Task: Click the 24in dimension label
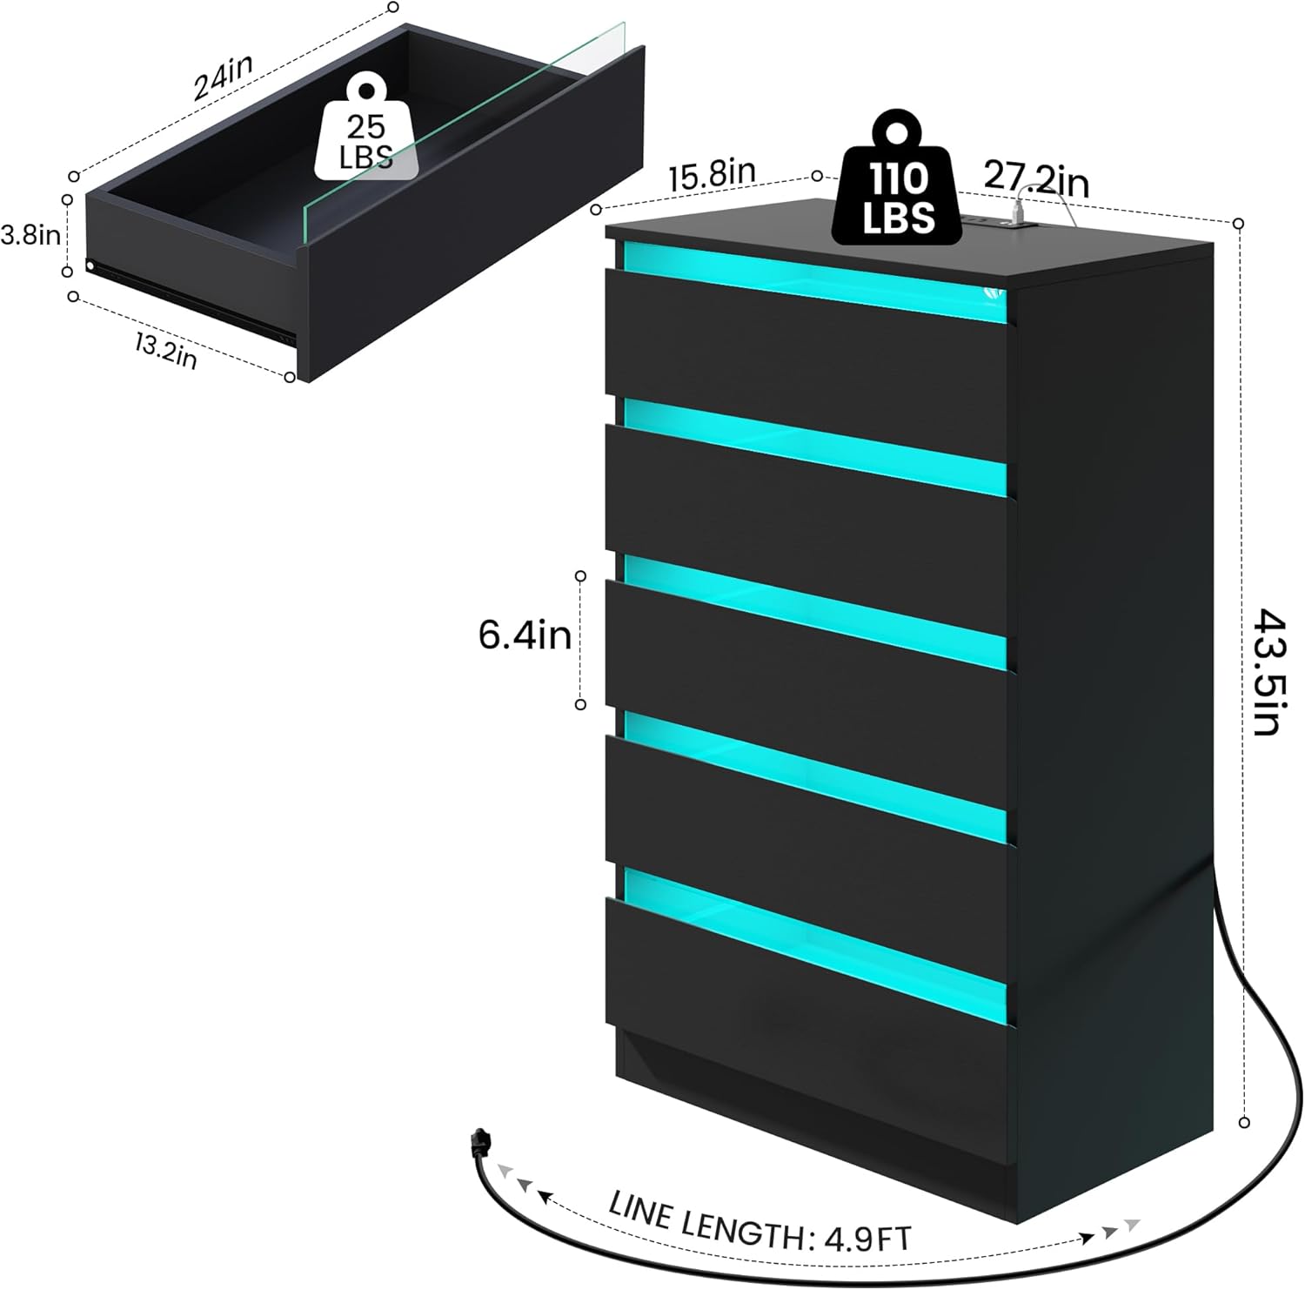pyautogui.click(x=224, y=77)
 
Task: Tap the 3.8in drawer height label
pyautogui.click(x=30, y=235)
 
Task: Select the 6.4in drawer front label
pyautogui.click(x=525, y=635)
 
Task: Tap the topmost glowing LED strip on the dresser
pyautogui.click(x=809, y=279)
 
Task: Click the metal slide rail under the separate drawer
pyautogui.click(x=191, y=300)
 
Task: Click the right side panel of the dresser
pyautogui.click(x=1114, y=696)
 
